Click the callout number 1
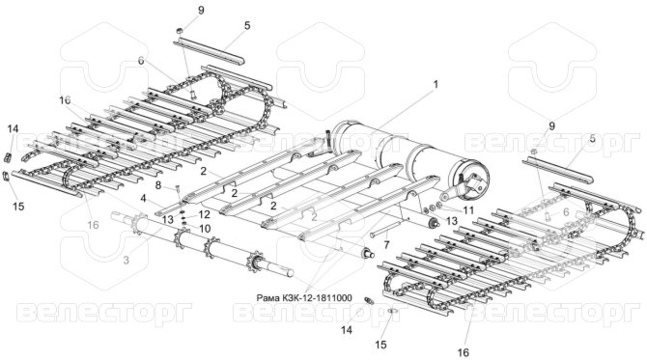[435, 85]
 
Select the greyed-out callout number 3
[127, 261]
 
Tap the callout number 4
[143, 199]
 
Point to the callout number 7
[386, 245]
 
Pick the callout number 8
[158, 185]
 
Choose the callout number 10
[205, 229]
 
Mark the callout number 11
[468, 210]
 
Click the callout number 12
[205, 214]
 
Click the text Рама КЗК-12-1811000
[303, 297]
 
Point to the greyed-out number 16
[94, 225]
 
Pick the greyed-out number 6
[566, 211]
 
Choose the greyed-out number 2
[314, 217]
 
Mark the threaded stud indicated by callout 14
[369, 300]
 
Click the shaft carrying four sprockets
[202, 244]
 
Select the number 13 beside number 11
[452, 221]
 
